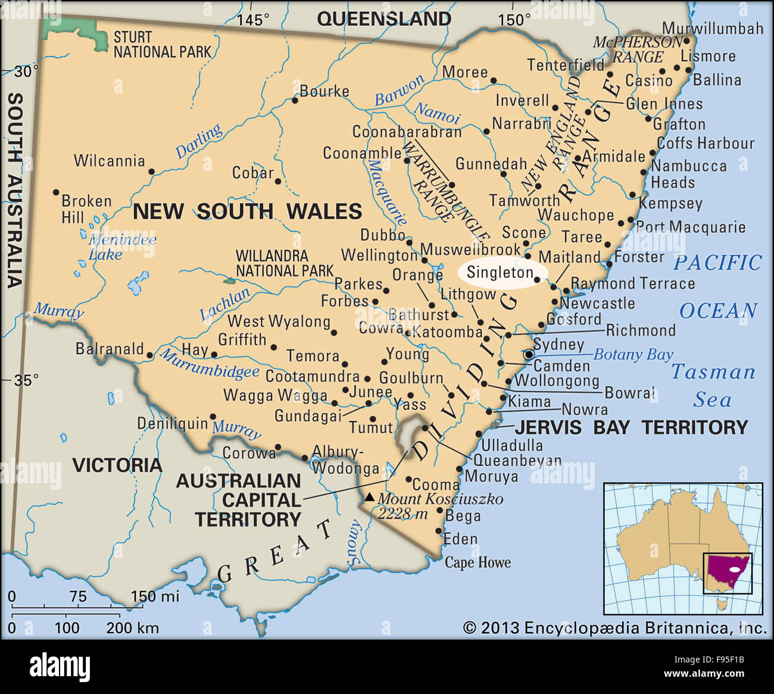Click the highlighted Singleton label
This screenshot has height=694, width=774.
(x=500, y=273)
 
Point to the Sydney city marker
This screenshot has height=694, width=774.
(x=529, y=355)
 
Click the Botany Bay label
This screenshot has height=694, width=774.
(x=633, y=355)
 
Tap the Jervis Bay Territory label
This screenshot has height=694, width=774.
(x=631, y=427)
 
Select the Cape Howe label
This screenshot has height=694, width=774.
(x=477, y=562)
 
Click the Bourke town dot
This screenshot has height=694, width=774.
(x=295, y=101)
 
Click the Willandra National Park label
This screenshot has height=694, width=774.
(x=284, y=263)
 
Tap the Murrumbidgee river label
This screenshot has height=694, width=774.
(x=210, y=364)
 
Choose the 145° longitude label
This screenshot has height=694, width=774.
(x=253, y=20)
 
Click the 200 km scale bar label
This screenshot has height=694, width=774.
(x=132, y=627)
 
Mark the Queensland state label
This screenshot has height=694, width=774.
(x=384, y=19)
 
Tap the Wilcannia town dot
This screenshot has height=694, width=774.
(x=151, y=171)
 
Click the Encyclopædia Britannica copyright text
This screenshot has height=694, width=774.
(x=614, y=627)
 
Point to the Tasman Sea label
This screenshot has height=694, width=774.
(x=713, y=386)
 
